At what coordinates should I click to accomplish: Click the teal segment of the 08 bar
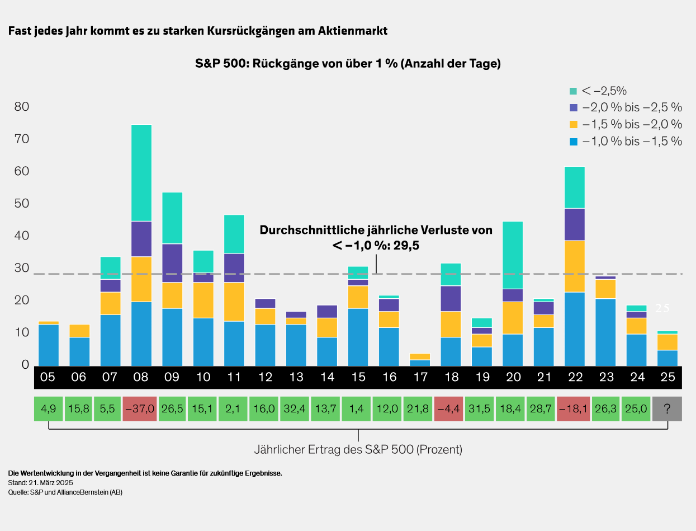pos(141,173)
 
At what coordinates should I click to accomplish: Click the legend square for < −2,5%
pos(573,91)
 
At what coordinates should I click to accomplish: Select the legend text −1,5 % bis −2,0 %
pos(632,124)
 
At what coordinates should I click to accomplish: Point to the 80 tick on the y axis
pos(21,107)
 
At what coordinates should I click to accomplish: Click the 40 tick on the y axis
pos(21,236)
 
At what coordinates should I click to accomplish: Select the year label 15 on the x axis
pos(358,378)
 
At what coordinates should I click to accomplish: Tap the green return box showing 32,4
pos(296,409)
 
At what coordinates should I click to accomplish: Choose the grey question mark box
pos(667,409)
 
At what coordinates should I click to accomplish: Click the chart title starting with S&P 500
pos(348,64)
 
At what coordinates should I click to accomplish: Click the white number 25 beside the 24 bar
pos(662,308)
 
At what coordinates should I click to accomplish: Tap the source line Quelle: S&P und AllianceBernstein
pos(65,492)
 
